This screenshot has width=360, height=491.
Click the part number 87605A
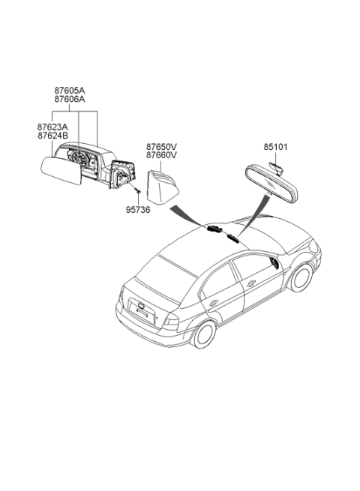[x=70, y=91]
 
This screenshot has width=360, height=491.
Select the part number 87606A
[x=70, y=99]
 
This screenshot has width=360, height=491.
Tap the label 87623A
[x=52, y=127]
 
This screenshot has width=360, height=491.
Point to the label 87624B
[x=52, y=136]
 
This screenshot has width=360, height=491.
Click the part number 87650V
[x=161, y=146]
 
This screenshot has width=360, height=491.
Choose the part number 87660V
[x=161, y=155]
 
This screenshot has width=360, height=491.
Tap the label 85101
[x=275, y=147]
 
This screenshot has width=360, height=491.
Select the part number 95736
[x=138, y=210]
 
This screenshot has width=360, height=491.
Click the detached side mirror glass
[x=61, y=171]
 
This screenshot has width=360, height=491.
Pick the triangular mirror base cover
[x=163, y=187]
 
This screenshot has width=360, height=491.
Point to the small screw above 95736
[x=137, y=190]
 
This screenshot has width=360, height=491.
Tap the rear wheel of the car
[x=204, y=334]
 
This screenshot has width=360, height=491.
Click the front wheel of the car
[x=301, y=277]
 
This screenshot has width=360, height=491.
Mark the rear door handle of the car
[x=214, y=303]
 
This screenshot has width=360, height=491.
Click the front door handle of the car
[x=250, y=283]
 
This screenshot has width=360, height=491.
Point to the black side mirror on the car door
[x=274, y=263]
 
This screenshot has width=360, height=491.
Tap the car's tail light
[x=172, y=322]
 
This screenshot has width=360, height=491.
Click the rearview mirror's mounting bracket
[x=276, y=168]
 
